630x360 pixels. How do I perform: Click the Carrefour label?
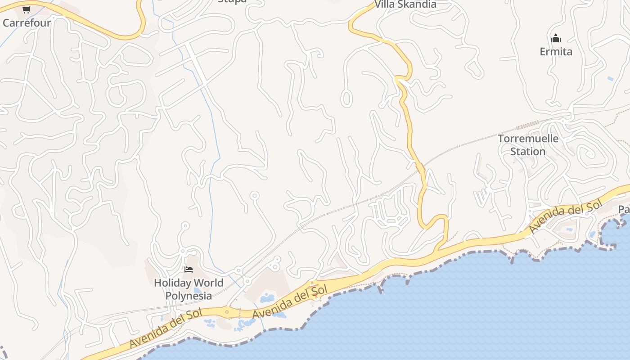point(27,22)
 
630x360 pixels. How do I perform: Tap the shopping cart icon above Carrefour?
point(26,9)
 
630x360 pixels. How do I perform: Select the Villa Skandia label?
point(405,4)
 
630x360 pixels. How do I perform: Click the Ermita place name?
point(556,51)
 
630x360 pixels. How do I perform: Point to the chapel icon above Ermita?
point(556,38)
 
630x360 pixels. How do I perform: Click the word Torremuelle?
point(528,138)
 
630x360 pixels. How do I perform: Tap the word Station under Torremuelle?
point(528,151)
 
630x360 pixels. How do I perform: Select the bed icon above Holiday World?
point(189,270)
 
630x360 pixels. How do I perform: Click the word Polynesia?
point(189,296)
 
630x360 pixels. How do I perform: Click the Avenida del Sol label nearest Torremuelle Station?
point(565,218)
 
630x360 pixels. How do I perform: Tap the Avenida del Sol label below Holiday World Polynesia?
point(165,328)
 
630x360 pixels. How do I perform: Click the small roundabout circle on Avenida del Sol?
point(227,311)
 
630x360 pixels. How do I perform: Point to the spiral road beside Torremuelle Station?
point(589,154)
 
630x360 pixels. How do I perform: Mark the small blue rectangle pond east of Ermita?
point(610,78)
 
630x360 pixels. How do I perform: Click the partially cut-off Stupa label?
point(232,1)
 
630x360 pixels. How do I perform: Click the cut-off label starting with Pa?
point(624,209)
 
